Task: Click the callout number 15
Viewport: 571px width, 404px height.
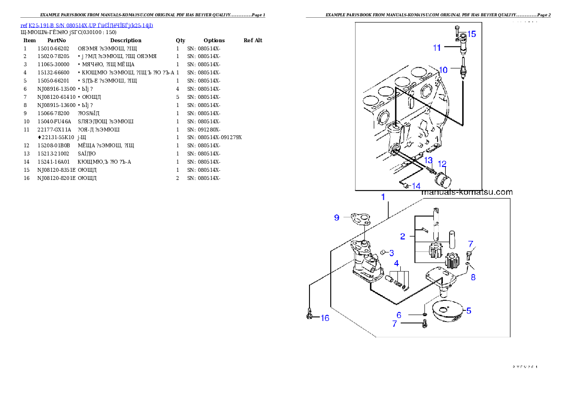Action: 472,34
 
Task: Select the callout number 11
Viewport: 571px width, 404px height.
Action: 437,48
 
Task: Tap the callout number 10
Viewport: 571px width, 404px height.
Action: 443,70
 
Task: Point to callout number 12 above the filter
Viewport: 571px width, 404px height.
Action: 442,164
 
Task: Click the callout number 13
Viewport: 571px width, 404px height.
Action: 428,160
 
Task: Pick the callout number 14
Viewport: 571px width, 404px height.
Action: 416,186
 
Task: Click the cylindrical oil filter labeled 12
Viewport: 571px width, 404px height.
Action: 443,182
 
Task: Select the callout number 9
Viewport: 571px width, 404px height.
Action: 337,217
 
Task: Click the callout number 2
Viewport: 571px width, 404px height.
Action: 403,236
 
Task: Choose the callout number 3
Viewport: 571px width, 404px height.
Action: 392,253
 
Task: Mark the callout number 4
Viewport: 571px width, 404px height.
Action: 396,263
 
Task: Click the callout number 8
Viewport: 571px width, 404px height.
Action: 473,277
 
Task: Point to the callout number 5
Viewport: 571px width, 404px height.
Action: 469,310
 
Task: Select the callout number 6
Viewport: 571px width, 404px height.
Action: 399,315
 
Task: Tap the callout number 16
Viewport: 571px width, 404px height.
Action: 325,318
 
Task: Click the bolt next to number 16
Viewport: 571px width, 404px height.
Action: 310,315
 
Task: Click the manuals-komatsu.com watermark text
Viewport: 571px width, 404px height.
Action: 467,192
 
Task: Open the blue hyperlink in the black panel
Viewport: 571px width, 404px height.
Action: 86,25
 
